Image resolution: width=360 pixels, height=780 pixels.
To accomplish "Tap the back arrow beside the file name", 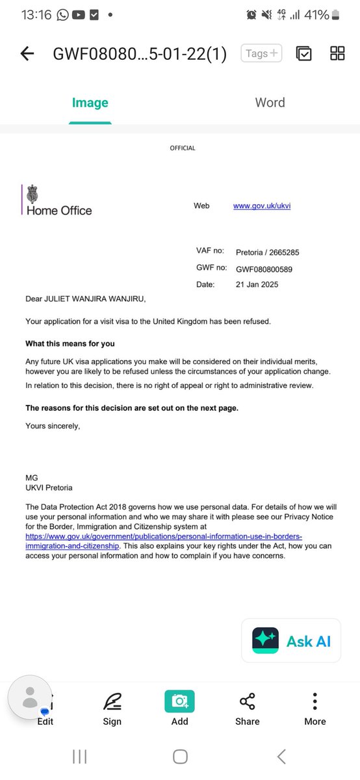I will point(27,53).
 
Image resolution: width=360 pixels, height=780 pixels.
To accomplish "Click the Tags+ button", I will point(261,53).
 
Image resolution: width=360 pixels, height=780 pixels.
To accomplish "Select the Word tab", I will point(270,103).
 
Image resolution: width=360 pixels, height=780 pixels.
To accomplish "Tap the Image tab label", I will point(90,103).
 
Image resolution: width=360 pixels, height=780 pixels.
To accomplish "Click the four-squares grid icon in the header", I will point(337,53).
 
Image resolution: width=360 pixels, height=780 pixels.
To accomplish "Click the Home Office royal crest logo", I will point(31,194).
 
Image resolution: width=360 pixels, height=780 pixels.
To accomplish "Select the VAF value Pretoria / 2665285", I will point(267,252).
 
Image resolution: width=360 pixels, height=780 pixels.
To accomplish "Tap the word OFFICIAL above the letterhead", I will point(183,148).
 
